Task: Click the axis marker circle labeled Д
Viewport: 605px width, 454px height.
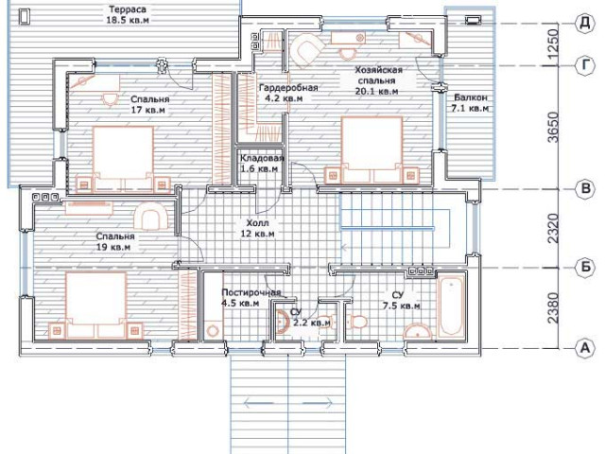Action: [585, 23]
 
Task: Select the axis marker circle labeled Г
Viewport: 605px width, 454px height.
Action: [585, 65]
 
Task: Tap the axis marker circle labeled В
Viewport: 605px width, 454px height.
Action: [585, 189]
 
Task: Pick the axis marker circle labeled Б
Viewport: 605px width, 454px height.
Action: [585, 267]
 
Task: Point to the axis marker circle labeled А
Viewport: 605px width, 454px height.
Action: [585, 348]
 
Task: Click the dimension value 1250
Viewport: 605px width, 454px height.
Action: [552, 44]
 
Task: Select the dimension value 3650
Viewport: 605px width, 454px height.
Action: [552, 128]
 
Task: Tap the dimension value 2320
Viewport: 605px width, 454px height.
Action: [552, 229]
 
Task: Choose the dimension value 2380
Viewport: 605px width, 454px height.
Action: [552, 308]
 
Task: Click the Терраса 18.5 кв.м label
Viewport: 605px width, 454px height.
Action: [128, 15]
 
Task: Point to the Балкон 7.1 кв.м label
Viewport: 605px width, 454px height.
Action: [471, 103]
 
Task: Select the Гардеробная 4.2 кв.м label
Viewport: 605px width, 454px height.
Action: [288, 93]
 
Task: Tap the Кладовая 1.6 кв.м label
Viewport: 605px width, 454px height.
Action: [262, 164]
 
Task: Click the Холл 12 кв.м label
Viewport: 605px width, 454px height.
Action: [257, 229]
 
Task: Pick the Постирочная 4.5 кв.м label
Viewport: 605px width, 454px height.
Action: [251, 298]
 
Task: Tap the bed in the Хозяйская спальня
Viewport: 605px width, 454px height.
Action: [372, 149]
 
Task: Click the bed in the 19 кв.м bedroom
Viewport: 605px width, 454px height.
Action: [96, 305]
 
